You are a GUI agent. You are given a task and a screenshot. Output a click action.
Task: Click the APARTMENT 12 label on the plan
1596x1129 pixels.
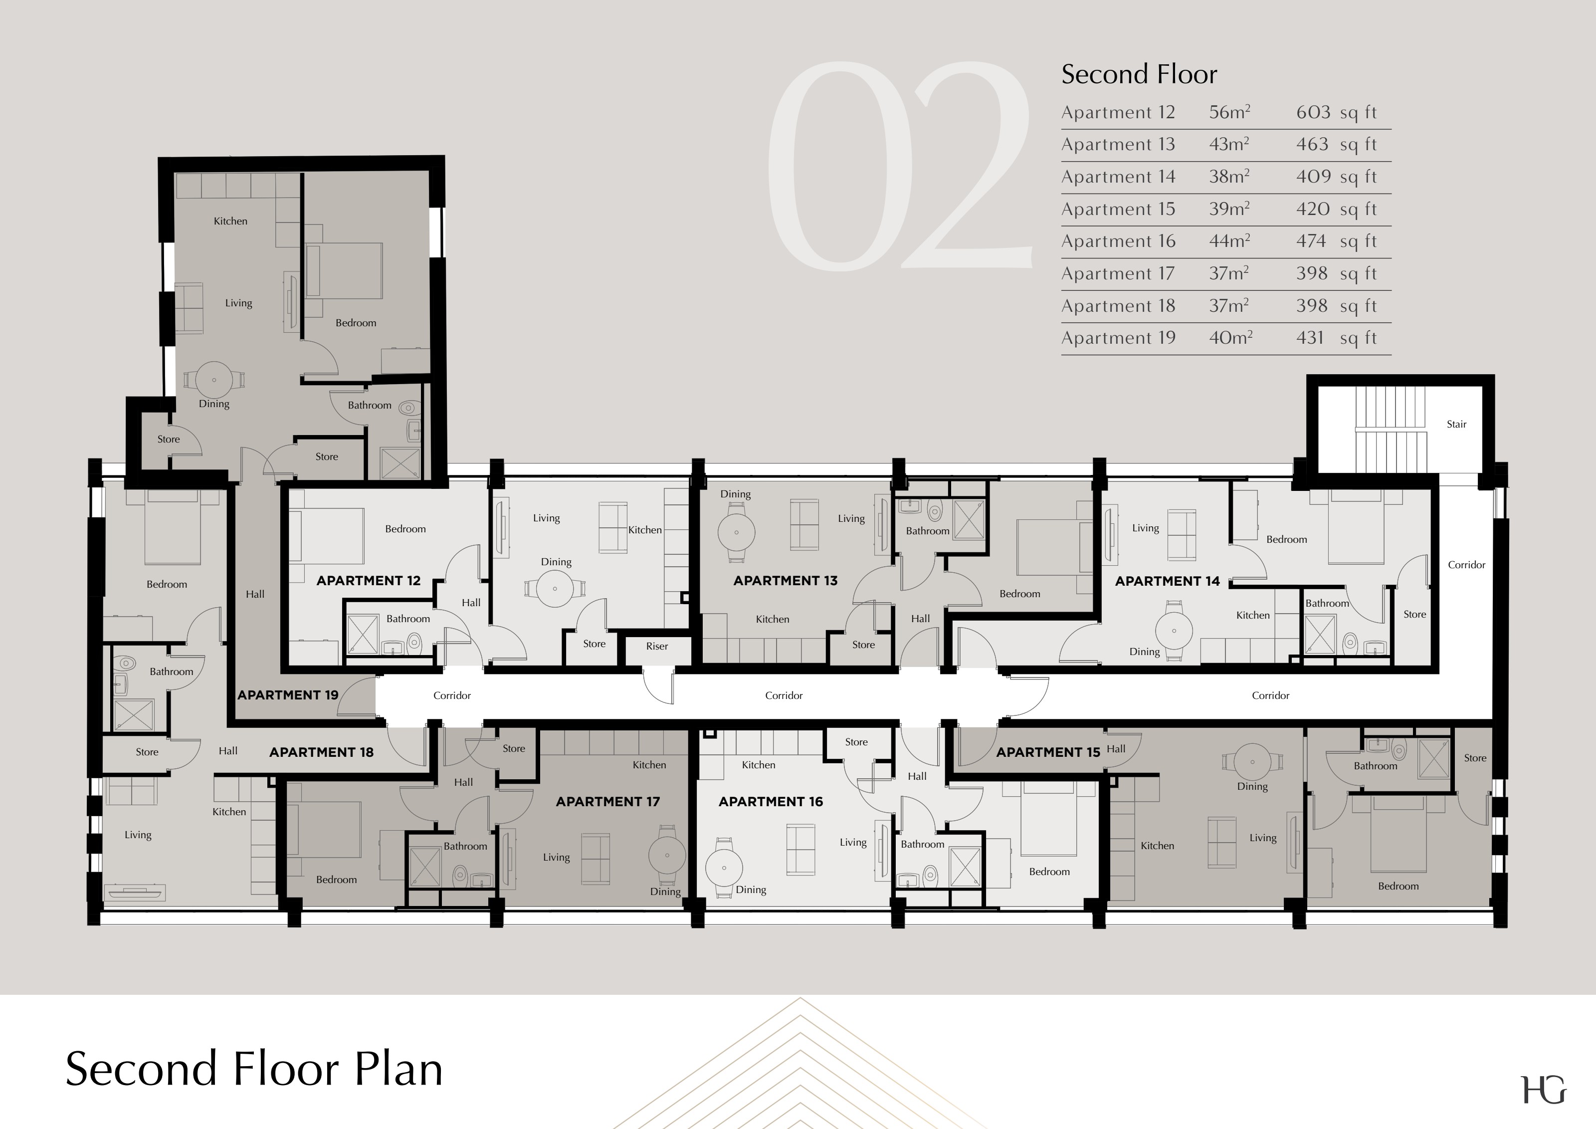369,581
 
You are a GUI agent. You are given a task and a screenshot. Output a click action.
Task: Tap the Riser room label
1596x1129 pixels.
657,647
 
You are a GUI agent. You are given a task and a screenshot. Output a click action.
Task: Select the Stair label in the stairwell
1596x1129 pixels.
1456,424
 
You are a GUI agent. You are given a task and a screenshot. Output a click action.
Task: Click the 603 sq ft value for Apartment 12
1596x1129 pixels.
1336,113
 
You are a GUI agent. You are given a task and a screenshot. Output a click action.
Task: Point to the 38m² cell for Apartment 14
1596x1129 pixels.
1229,177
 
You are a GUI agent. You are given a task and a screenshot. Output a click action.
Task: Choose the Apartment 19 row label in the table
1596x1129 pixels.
1119,338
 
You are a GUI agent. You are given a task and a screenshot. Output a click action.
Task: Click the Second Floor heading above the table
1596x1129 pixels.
1139,74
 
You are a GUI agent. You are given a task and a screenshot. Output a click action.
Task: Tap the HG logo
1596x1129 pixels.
1544,1090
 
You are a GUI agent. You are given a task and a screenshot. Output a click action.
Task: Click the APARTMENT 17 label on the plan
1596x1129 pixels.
607,802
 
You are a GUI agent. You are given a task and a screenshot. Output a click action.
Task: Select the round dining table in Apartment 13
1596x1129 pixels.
736,532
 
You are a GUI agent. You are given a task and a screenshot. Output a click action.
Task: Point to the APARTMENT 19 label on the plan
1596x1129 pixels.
288,695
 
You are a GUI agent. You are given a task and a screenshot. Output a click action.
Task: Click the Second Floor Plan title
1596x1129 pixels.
254,1069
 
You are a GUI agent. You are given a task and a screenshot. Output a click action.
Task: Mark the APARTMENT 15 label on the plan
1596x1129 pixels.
1048,752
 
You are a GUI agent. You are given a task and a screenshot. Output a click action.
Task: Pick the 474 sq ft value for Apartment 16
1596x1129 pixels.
1336,241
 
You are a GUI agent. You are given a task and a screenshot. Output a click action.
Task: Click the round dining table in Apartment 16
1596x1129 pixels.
724,868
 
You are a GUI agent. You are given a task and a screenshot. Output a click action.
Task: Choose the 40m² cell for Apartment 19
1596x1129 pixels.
1230,338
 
